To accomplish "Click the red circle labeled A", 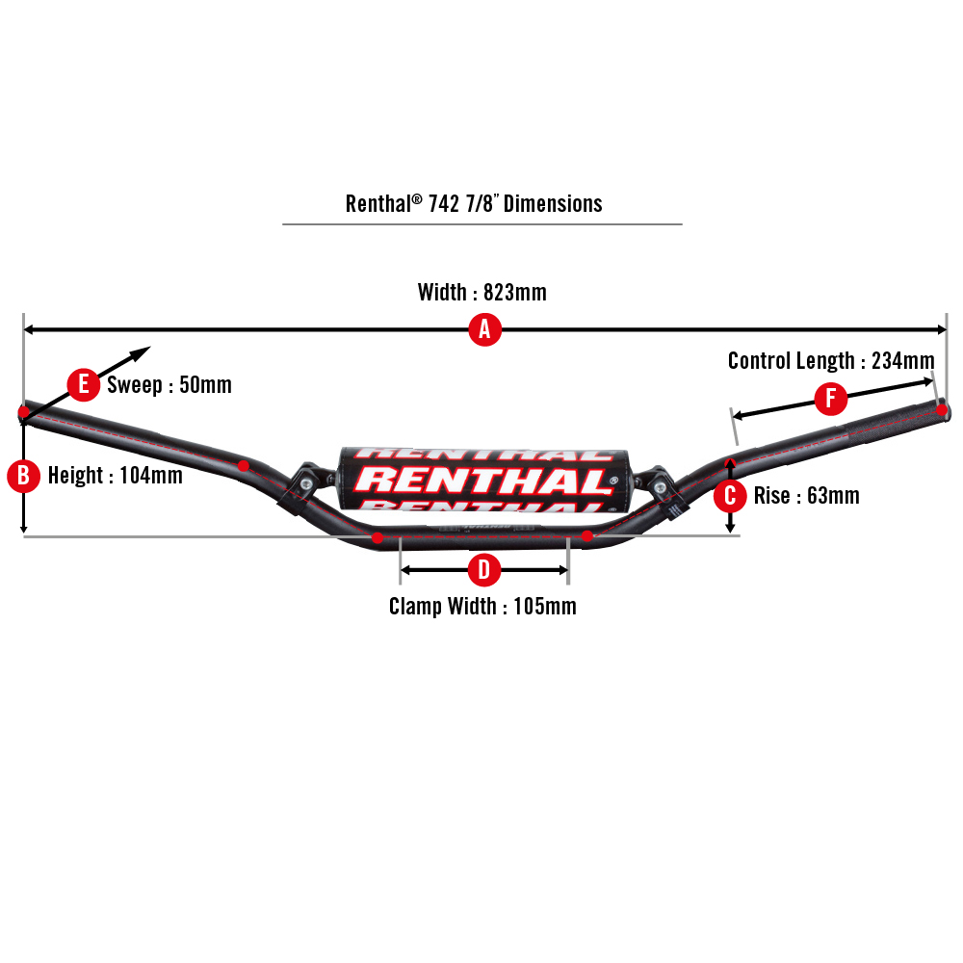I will [x=484, y=330].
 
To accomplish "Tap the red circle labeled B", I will [x=23, y=476].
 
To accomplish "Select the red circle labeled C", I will [x=731, y=496].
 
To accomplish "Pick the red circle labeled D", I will [x=484, y=570].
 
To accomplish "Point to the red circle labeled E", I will [x=84, y=385].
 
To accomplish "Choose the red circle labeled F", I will [x=831, y=399].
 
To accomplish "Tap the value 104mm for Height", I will [x=151, y=476].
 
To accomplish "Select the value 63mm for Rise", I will [x=833, y=496].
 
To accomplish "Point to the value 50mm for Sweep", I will [x=206, y=385].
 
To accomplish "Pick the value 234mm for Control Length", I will [x=902, y=361].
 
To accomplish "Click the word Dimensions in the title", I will [x=554, y=204].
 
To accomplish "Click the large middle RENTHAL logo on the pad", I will [x=486, y=480].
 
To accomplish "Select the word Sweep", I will [x=135, y=385].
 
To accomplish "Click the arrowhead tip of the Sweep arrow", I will [x=150, y=348].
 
